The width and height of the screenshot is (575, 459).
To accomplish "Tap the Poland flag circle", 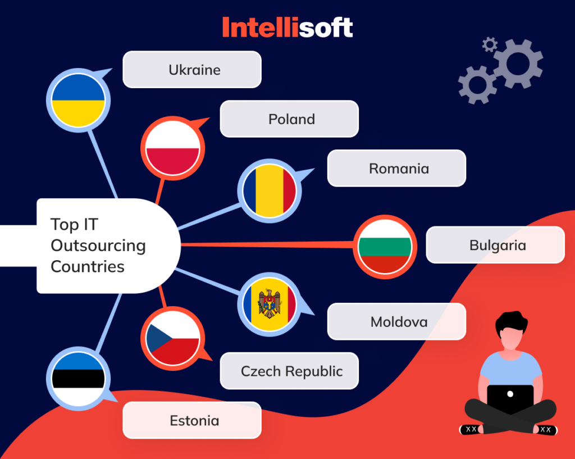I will coord(172,149).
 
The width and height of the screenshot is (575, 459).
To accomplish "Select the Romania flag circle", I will coord(269,190).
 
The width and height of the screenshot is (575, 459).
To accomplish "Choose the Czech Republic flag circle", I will coord(172,338).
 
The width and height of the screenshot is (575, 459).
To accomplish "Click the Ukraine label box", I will coord(192,70).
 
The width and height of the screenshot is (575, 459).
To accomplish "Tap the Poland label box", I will coord(289,119).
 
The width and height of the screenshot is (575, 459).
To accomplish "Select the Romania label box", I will coord(396,168).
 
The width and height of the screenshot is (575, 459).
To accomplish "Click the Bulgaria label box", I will coord(495,245).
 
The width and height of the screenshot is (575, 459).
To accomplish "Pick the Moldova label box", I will coord(396,322).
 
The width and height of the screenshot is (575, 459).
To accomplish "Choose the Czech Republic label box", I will coord(289,371).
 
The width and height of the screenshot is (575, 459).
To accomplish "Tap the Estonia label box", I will coord(192,420).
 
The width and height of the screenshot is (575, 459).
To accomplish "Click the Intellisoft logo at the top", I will coord(287,28).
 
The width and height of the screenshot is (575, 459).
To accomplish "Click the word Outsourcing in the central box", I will coord(98,246).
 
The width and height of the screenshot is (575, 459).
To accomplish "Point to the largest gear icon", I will coord(517,63).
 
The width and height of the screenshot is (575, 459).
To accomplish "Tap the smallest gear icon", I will coord(490,44).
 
